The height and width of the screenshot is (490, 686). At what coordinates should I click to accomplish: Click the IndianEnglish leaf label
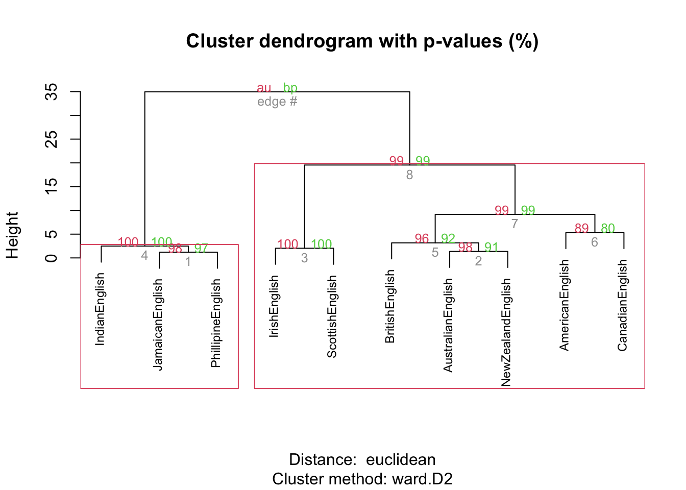point(100,309)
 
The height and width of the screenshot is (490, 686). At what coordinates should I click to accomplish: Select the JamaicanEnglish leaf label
point(158,324)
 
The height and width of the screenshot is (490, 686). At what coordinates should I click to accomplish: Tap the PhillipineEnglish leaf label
point(216,323)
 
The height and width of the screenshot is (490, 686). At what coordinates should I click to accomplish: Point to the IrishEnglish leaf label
point(274,306)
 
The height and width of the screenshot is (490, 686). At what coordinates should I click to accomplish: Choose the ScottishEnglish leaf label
point(332,316)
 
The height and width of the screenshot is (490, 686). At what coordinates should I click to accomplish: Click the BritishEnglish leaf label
point(390,306)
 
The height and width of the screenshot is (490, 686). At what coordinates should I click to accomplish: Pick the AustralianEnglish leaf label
point(448,325)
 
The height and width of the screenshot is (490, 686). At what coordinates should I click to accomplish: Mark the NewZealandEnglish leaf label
point(506,332)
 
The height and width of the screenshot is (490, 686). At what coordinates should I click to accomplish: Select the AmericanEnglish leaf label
point(564,305)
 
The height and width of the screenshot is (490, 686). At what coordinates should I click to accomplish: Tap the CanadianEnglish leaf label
point(622,305)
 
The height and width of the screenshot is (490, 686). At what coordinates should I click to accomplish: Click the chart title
point(362,41)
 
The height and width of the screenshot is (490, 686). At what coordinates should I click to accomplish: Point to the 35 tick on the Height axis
point(52,92)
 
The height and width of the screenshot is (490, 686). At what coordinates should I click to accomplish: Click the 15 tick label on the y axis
point(52,187)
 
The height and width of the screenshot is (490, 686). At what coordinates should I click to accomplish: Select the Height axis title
point(12,235)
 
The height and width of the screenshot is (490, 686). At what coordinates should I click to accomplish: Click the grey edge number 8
point(409,175)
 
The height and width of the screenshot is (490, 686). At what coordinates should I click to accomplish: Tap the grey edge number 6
point(595,242)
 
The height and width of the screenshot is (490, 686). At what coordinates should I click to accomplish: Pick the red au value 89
point(581,229)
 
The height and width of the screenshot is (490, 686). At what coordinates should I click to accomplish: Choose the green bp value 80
point(608,229)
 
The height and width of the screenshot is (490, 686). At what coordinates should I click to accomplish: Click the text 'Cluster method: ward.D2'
point(362,479)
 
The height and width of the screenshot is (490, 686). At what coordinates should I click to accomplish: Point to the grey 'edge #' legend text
point(277,102)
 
